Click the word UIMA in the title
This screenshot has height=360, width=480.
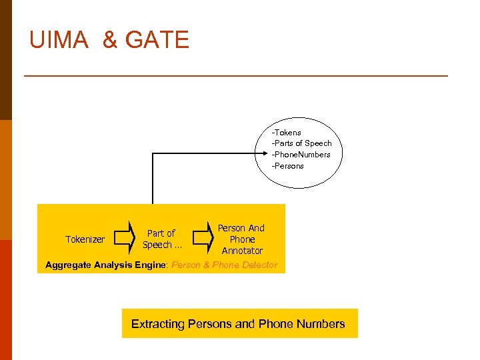58,40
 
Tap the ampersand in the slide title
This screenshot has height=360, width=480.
109,40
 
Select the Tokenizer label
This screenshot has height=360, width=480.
85,239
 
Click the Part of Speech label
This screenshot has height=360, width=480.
161,239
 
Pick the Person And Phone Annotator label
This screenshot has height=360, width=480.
242,239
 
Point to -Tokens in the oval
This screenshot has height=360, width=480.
286,133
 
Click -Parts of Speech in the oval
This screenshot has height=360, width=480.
301,143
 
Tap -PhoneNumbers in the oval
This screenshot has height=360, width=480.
301,155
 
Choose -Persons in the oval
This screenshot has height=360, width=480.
287,166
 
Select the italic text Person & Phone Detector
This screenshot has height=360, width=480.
225,265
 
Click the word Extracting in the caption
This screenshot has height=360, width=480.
157,324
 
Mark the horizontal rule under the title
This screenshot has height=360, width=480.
236,76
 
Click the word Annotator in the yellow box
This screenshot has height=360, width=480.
242,251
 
